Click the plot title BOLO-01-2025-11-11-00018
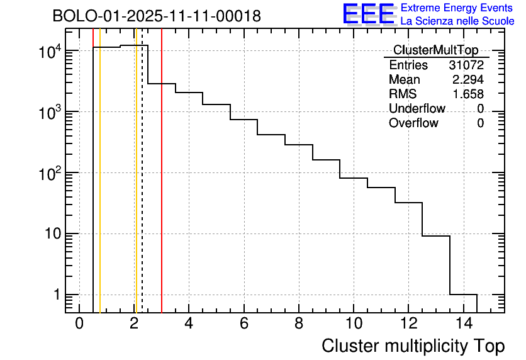pos(157,16)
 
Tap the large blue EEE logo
pos(368,14)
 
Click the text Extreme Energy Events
pos(457,8)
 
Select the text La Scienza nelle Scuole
pos(457,21)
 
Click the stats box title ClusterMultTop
pos(435,50)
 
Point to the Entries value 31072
pos(466,65)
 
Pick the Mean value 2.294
pos(468,80)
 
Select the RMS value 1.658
pos(468,94)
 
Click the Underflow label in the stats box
pos(417,109)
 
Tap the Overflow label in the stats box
pos(413,123)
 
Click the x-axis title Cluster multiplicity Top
pos(413,346)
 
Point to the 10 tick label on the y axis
pos(47,234)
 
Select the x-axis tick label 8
pos(298,323)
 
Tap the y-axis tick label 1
pos(55,295)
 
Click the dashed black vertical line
pos(142,189)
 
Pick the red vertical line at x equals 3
pos(162,189)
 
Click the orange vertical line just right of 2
pos(136,189)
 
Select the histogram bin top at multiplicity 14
pos(463,294)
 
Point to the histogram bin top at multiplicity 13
pos(435,236)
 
